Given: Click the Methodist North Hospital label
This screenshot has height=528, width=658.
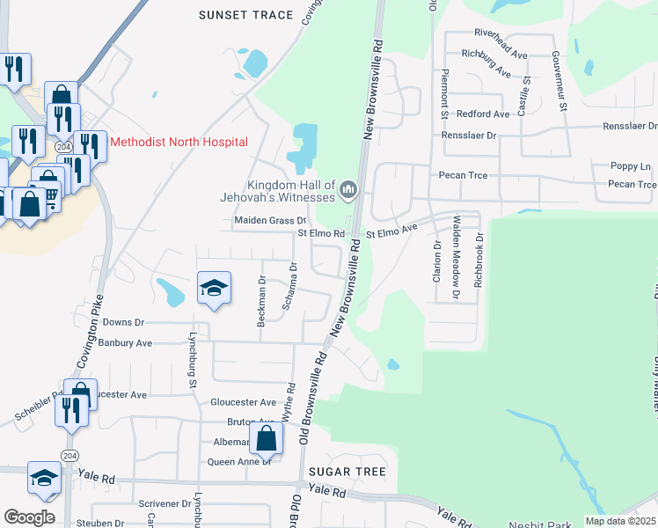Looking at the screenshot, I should [x=179, y=142].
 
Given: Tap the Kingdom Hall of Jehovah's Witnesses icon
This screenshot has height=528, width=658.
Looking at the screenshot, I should [x=349, y=188].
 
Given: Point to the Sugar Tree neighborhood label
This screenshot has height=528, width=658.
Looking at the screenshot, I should [x=347, y=472].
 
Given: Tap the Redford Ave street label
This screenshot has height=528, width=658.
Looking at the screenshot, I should [x=483, y=114].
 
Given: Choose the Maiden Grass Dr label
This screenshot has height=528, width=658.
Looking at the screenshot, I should [x=269, y=220].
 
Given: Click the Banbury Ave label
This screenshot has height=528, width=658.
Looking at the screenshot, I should [x=125, y=342].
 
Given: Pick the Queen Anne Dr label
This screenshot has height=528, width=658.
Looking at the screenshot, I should [x=238, y=461].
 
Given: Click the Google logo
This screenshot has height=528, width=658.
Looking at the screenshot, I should [x=29, y=517].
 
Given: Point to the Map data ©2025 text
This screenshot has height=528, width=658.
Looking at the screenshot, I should [x=620, y=521].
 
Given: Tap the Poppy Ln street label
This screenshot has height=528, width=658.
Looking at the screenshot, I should [x=631, y=166].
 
